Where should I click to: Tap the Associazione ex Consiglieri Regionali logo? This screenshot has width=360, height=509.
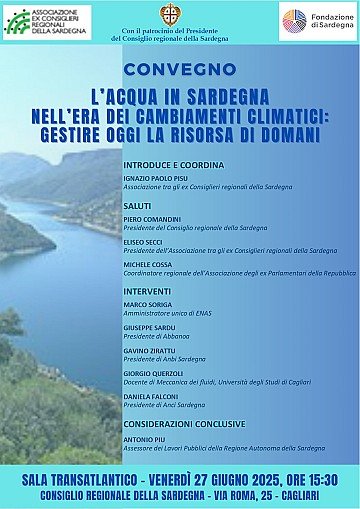pyautogui.click(x=47, y=21)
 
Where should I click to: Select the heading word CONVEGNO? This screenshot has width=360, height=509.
pyautogui.click(x=180, y=71)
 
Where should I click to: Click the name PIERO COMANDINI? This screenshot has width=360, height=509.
pyautogui.click(x=151, y=218)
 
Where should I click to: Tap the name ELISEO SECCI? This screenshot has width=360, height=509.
pyautogui.click(x=144, y=241)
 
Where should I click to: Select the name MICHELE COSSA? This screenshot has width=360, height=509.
pyautogui.click(x=148, y=264)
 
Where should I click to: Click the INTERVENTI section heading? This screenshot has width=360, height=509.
pyautogui.click(x=149, y=294)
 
